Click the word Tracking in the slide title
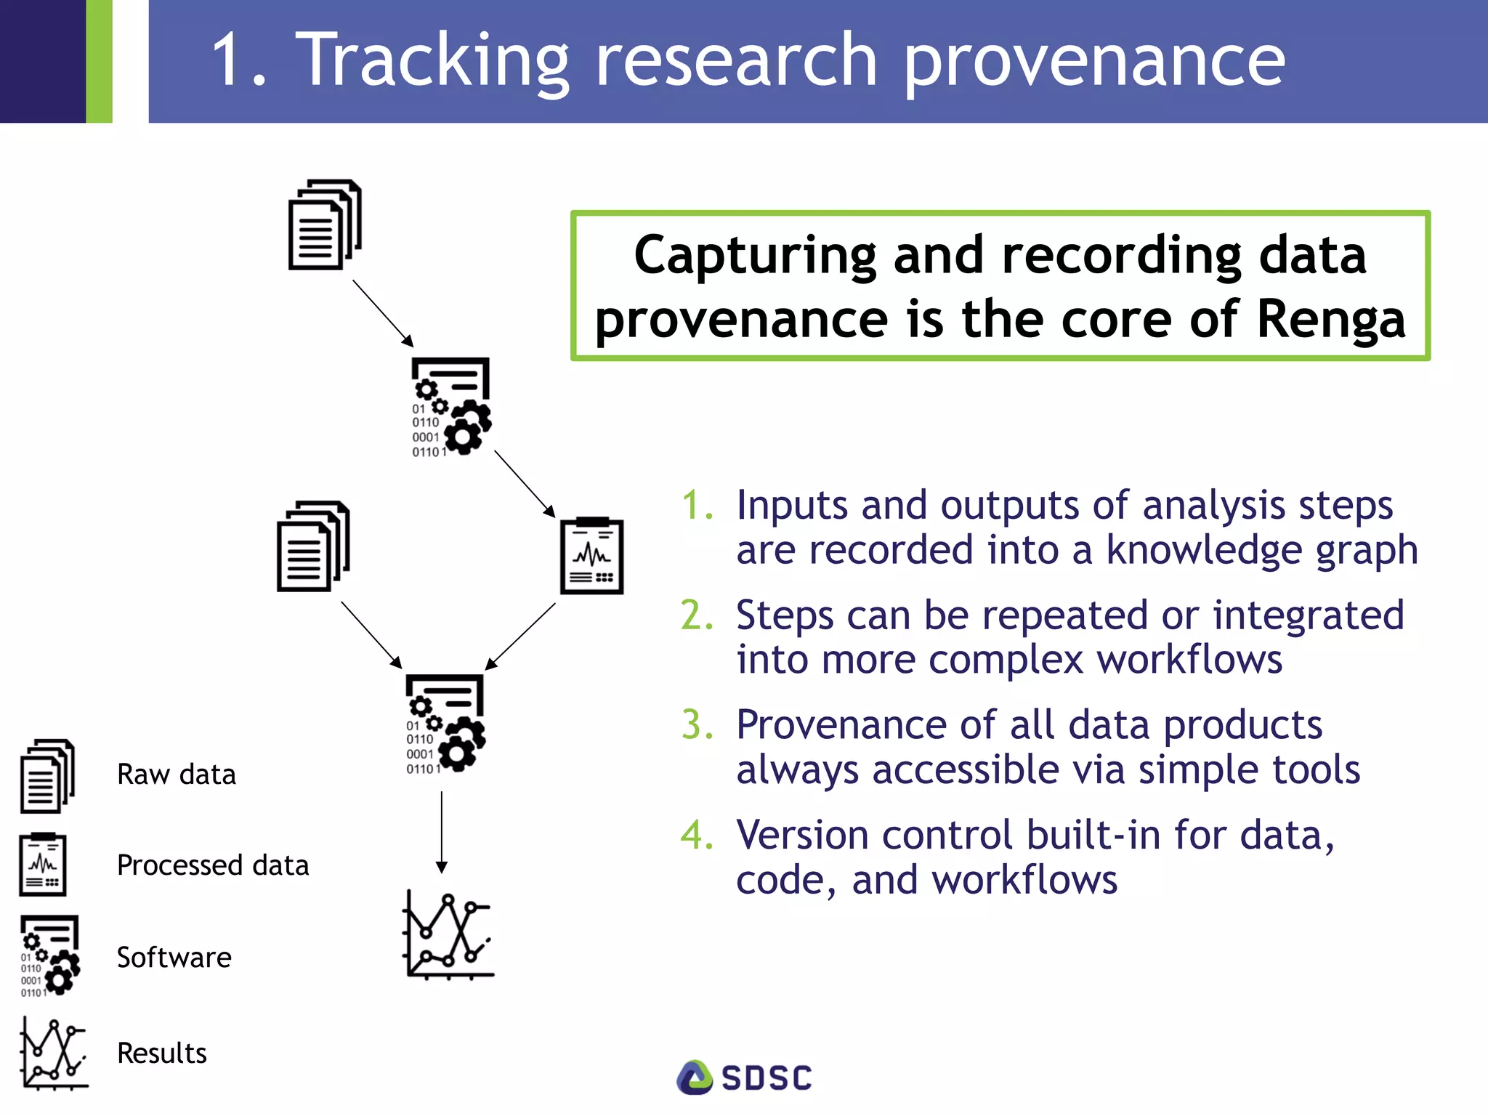click(x=434, y=61)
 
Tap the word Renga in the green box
click(x=1331, y=319)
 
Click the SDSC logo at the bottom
click(x=744, y=1077)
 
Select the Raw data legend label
click(x=177, y=775)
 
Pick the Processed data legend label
click(x=213, y=865)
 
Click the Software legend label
click(x=174, y=958)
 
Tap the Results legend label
click(x=162, y=1054)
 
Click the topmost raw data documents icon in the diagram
click(x=325, y=225)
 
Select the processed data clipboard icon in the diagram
click(x=592, y=556)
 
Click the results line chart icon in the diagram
click(x=448, y=935)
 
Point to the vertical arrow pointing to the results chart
click(x=441, y=832)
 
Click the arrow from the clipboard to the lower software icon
click(x=520, y=636)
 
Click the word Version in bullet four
click(x=801, y=836)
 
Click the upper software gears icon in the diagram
click(x=451, y=407)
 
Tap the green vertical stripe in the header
click(x=99, y=61)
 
